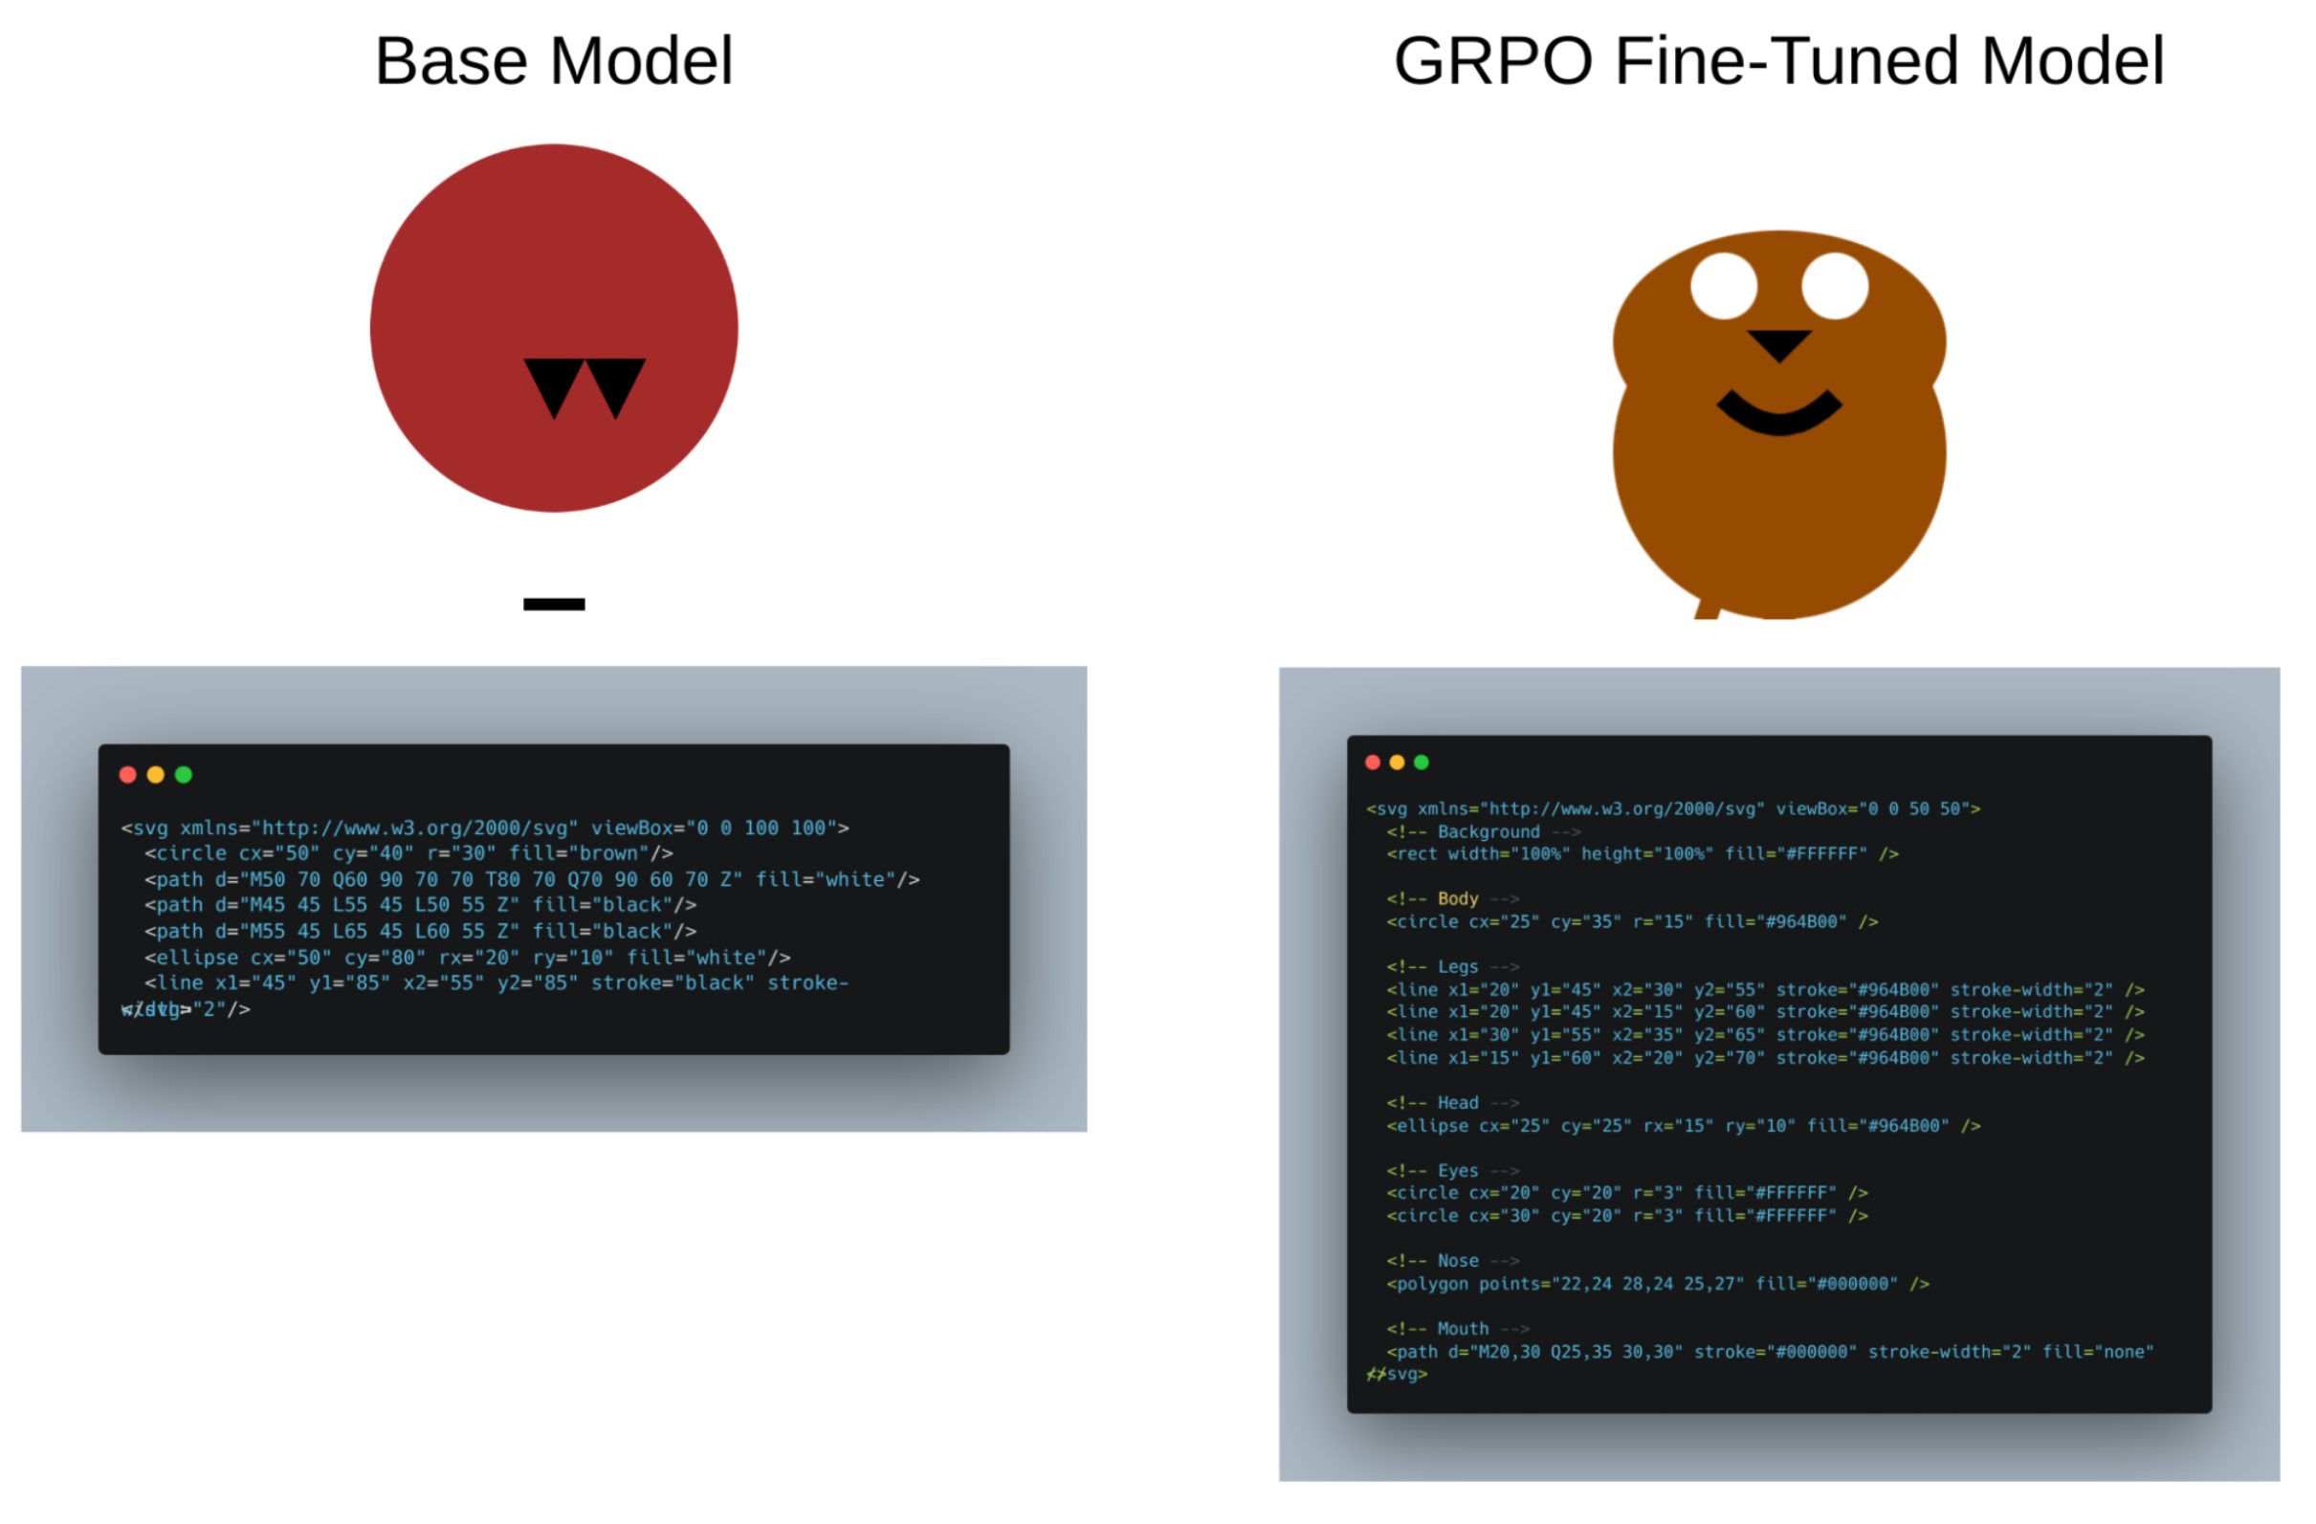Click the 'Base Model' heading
pyautogui.click(x=554, y=61)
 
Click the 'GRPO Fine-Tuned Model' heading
pyautogui.click(x=1778, y=61)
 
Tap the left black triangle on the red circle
pyautogui.click(x=554, y=383)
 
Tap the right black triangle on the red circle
pyautogui.click(x=615, y=383)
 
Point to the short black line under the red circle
pyautogui.click(x=554, y=605)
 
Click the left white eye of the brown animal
pyautogui.click(x=1724, y=286)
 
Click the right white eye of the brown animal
pyautogui.click(x=1834, y=286)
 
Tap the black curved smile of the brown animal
pyautogui.click(x=1778, y=418)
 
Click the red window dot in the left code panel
pyautogui.click(x=127, y=775)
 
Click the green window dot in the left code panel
pyautogui.click(x=183, y=775)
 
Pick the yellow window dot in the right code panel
pyautogui.click(x=1397, y=762)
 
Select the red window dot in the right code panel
pyautogui.click(x=1372, y=762)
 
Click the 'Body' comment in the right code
pyautogui.click(x=1457, y=898)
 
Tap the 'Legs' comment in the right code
pyautogui.click(x=1457, y=966)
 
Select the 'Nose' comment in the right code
pyautogui.click(x=1457, y=1260)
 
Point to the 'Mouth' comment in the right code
pyautogui.click(x=1463, y=1329)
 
